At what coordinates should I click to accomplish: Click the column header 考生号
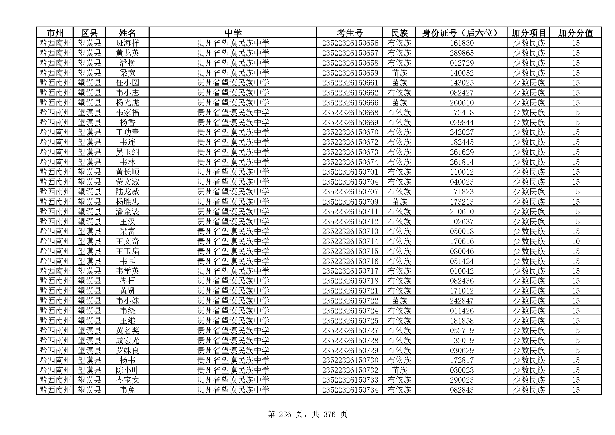349,33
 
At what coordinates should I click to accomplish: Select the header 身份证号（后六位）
461,33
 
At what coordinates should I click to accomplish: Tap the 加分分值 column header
575,33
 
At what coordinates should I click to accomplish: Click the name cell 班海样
127,43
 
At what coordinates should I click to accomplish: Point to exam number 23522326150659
350,73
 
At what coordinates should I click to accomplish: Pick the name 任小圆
127,83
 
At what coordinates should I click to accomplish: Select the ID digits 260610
461,103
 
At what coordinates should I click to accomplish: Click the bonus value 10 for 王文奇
576,241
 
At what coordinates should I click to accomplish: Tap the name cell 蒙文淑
127,182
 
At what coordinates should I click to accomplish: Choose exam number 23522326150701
350,172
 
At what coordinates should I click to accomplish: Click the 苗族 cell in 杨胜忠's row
399,202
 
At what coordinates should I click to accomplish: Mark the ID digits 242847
461,301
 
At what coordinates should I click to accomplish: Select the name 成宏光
127,340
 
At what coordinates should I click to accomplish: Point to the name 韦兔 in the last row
127,390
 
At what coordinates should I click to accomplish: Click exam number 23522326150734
350,390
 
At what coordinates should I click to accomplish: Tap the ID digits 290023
461,380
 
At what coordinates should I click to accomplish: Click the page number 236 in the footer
285,414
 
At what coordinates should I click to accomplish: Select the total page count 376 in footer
329,414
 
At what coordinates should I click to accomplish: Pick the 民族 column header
399,33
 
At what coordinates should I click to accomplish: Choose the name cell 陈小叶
127,370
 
